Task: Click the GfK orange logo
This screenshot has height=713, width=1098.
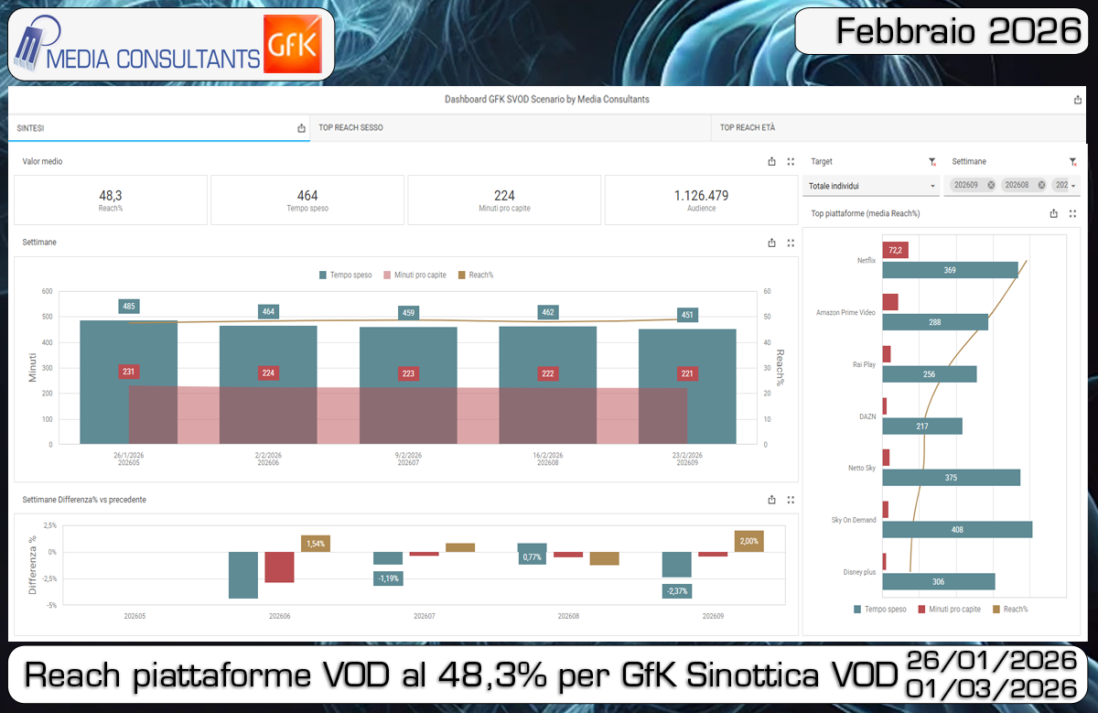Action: pyautogui.click(x=291, y=44)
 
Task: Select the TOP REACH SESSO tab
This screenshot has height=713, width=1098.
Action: pyautogui.click(x=350, y=128)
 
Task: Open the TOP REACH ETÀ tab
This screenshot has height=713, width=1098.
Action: pyautogui.click(x=747, y=128)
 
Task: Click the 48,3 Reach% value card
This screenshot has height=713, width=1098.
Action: pyautogui.click(x=111, y=200)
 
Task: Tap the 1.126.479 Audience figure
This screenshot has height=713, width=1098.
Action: pyautogui.click(x=701, y=200)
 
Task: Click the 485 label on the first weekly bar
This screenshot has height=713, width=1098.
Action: pyautogui.click(x=128, y=307)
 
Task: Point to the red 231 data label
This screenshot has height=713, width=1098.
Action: pyautogui.click(x=128, y=372)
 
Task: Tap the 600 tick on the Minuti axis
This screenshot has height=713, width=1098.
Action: pyautogui.click(x=47, y=292)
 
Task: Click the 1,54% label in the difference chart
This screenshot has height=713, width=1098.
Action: pyautogui.click(x=316, y=544)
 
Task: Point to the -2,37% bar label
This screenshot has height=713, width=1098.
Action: pyautogui.click(x=677, y=591)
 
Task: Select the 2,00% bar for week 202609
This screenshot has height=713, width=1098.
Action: pyautogui.click(x=748, y=541)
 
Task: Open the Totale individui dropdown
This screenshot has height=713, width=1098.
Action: pyautogui.click(x=871, y=186)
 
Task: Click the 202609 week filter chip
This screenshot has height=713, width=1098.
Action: pyautogui.click(x=965, y=185)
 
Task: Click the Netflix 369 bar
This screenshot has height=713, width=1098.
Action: pyautogui.click(x=950, y=270)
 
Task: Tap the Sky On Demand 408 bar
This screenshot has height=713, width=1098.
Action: pyautogui.click(x=957, y=530)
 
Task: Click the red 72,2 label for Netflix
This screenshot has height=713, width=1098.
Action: pyautogui.click(x=895, y=250)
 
